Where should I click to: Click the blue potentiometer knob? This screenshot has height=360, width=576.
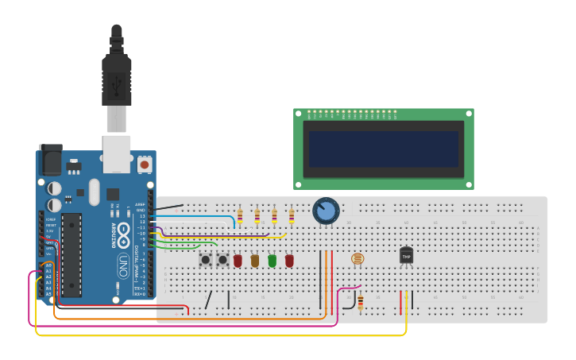coord(326,211)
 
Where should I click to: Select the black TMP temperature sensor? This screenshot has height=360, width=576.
coord(406,256)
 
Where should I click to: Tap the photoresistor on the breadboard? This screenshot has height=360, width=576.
coord(358,258)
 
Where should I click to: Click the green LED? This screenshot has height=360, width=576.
coord(272,260)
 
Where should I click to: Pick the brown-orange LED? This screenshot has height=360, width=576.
coord(254,260)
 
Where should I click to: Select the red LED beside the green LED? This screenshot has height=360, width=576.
coord(289,260)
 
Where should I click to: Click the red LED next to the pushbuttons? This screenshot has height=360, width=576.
coord(238,260)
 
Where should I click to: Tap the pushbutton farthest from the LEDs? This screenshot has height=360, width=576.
coord(206,260)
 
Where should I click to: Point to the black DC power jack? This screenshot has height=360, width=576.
coord(50,161)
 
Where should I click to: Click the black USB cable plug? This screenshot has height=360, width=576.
coord(116,79)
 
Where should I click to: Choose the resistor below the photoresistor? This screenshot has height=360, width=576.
coord(360,302)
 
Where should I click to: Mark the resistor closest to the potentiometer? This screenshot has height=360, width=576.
coord(292,216)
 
